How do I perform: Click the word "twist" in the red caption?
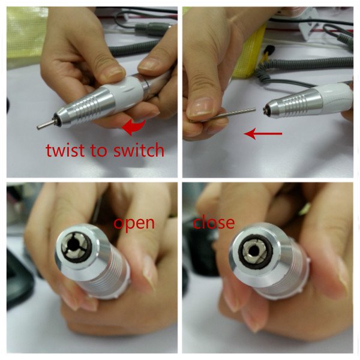pyautogui.click(x=65, y=150)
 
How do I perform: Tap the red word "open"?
pyautogui.click(x=134, y=224)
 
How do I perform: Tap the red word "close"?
pyautogui.click(x=214, y=222)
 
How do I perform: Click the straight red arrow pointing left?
pyautogui.click(x=263, y=133)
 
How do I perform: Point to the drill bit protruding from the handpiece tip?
pyautogui.click(x=47, y=124)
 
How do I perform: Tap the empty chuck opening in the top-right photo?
pyautogui.click(x=266, y=110)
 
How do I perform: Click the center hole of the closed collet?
pyautogui.click(x=254, y=250)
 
